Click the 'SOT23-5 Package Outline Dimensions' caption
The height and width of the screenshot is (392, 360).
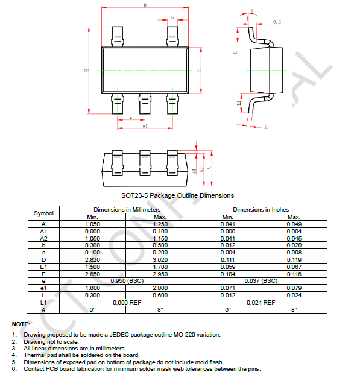coord(177,195)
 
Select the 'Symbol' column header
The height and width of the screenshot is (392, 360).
coord(43,213)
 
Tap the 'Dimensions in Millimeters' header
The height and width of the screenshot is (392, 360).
coord(122,209)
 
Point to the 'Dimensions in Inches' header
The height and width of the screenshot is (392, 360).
coord(261,209)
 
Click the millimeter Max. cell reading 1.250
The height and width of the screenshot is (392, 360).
coord(160,224)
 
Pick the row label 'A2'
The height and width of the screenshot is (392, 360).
coord(43,238)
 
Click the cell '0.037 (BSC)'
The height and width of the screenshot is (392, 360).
coord(261,280)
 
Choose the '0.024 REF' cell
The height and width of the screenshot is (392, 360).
coord(261,302)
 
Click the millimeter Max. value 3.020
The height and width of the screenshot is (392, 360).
coord(160,259)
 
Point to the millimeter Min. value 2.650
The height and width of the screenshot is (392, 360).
coord(92,273)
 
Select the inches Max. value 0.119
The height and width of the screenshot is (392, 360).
coord(294,259)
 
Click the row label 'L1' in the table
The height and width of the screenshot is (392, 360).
coord(43,302)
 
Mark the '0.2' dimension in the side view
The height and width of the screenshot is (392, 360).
coord(277,22)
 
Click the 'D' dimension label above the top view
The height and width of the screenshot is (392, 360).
coord(145,5)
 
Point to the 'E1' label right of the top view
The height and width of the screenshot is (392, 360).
coord(199,71)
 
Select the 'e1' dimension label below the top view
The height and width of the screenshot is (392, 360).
coord(145,127)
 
